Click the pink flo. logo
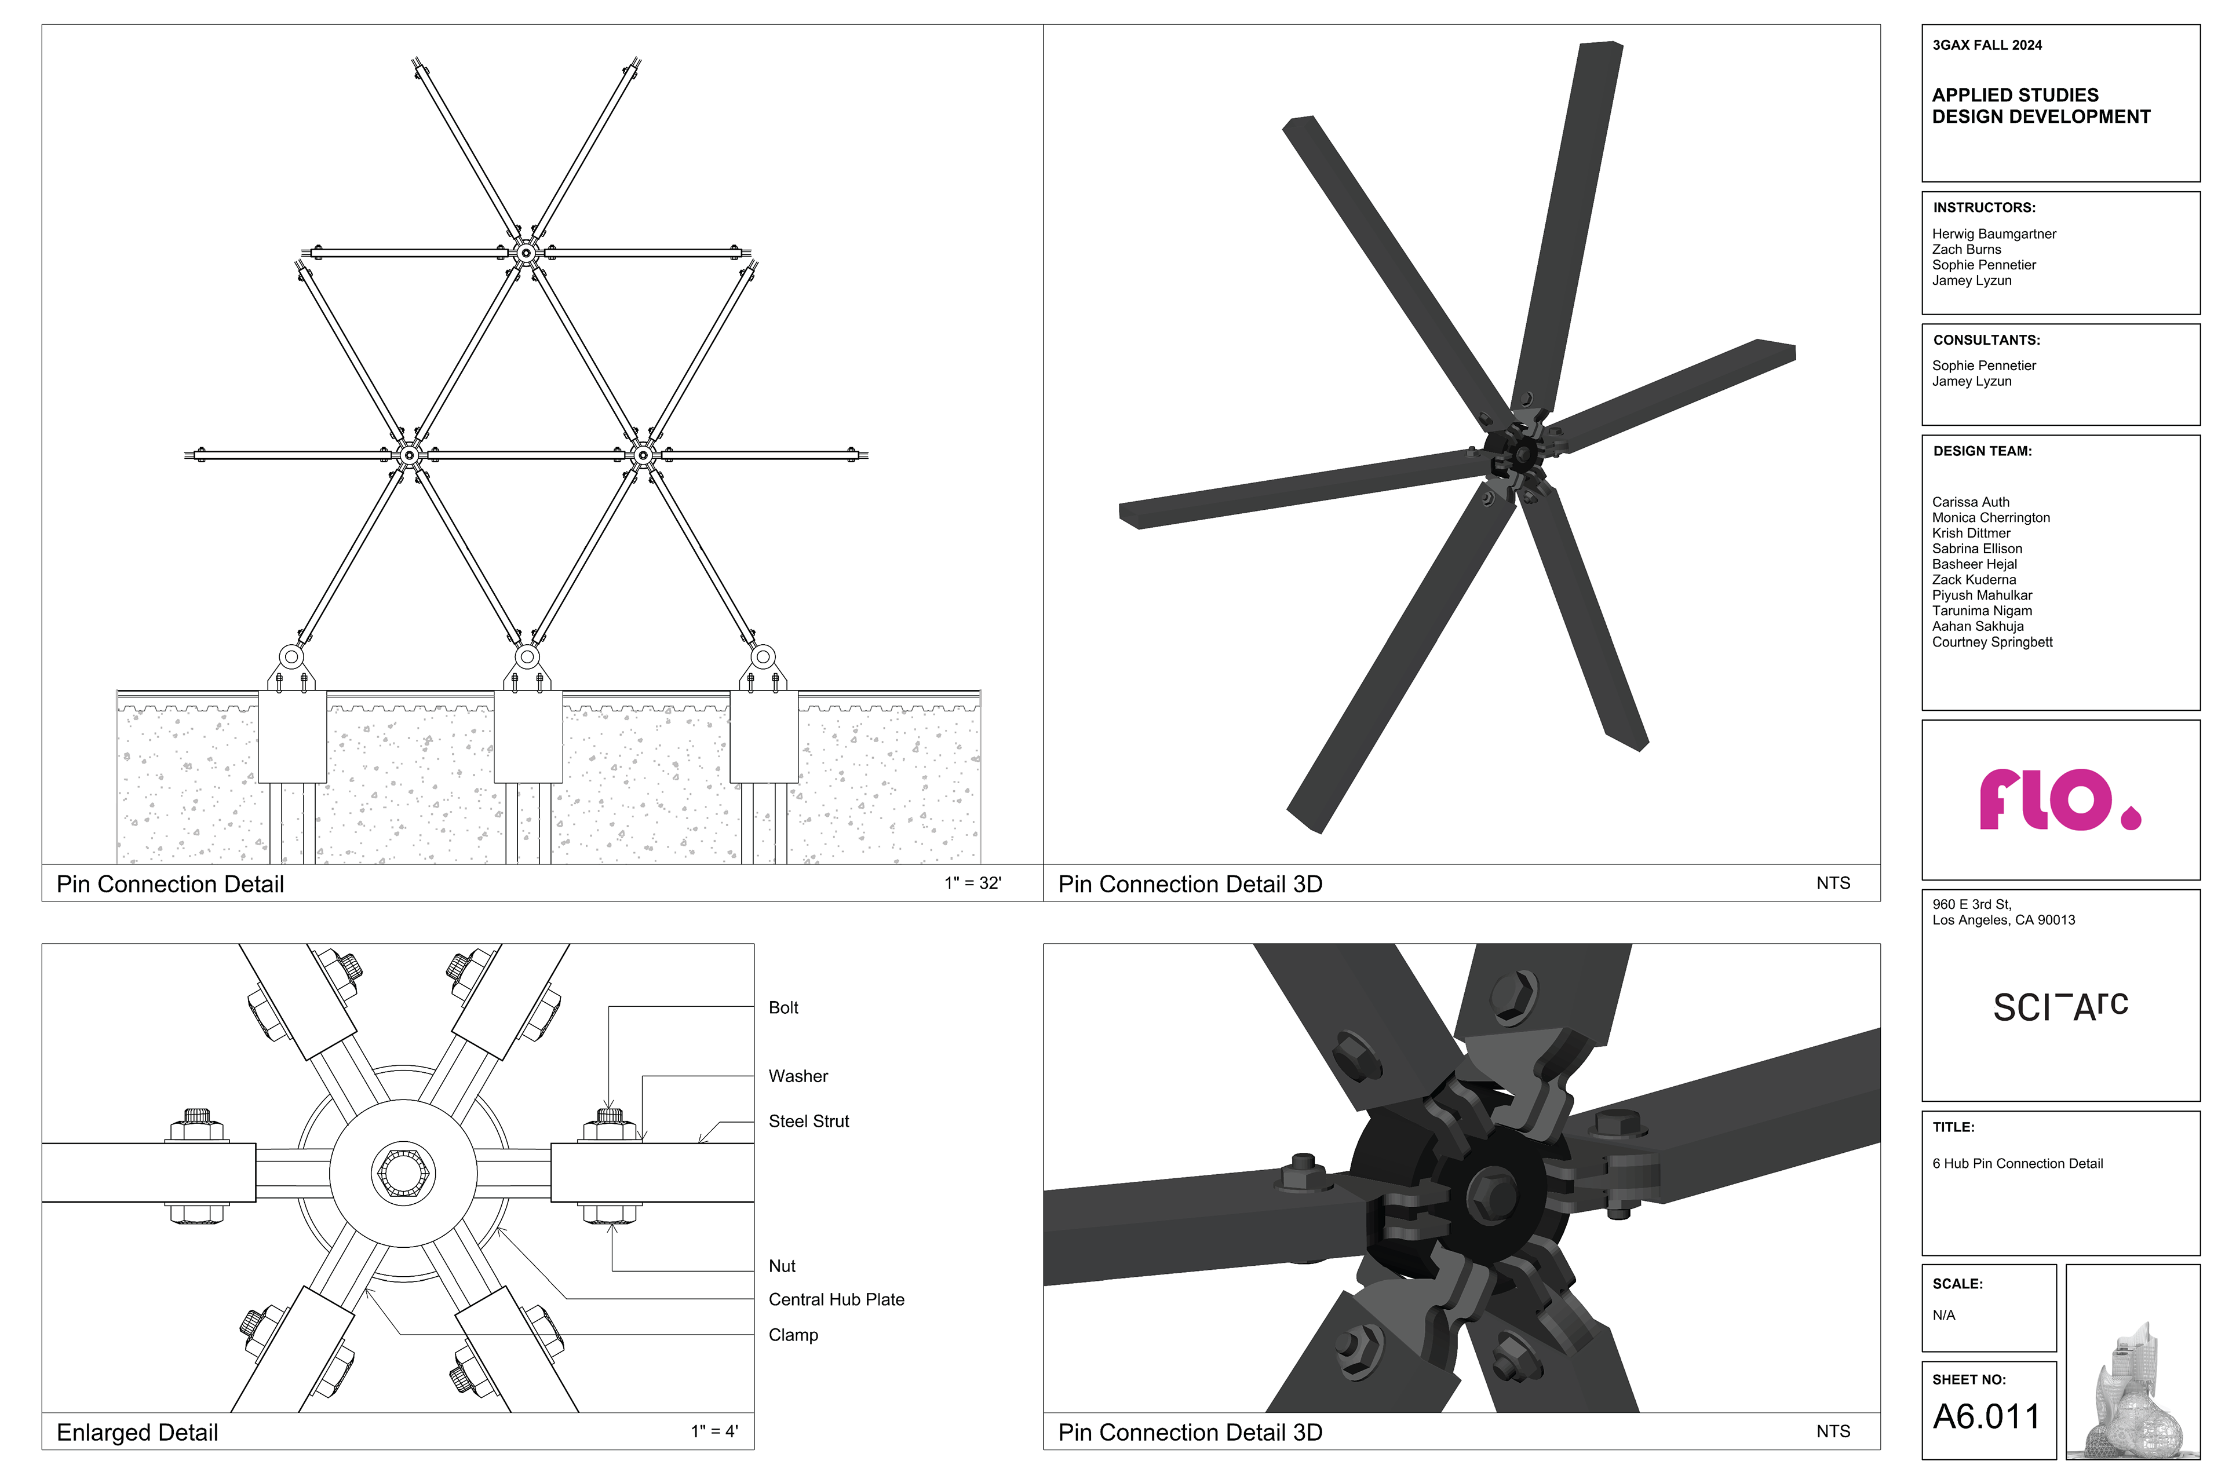2059,799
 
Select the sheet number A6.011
1987,1417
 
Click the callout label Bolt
783,1008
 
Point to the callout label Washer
797,1076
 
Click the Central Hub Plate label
836,1299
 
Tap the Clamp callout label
793,1335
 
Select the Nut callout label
782,1266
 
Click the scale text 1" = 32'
972,883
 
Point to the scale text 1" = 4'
714,1432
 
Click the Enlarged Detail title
137,1433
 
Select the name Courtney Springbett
1992,642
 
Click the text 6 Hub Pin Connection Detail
2018,1164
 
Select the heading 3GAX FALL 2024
1987,45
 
